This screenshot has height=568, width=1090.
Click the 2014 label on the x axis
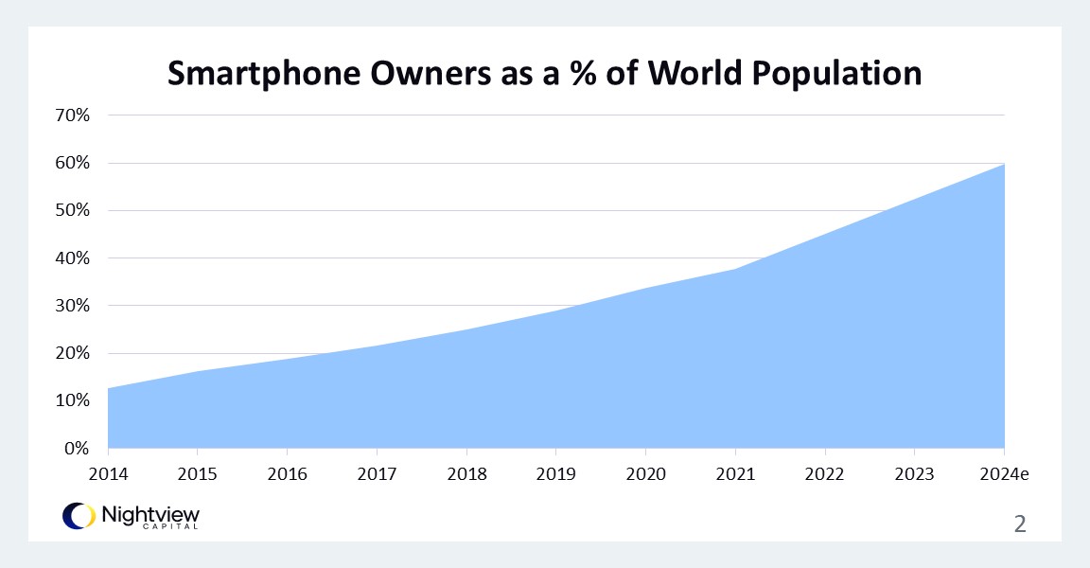click(x=107, y=472)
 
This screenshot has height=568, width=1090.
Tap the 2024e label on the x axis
click(x=1003, y=472)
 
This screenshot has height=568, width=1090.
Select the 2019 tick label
click(x=555, y=472)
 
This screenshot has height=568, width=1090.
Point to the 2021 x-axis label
click(x=735, y=472)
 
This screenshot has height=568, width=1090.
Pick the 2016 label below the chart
click(x=287, y=472)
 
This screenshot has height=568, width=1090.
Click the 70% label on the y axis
click(x=72, y=115)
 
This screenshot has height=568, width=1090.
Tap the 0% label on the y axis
click(x=76, y=448)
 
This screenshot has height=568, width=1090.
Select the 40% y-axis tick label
click(x=72, y=257)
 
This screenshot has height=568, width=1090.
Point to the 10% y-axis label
click(x=72, y=400)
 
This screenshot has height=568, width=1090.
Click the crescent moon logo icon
click(x=78, y=515)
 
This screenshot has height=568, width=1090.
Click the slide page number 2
click(x=1019, y=523)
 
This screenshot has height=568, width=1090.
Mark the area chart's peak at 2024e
click(x=1004, y=164)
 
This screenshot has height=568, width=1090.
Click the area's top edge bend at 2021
click(x=735, y=269)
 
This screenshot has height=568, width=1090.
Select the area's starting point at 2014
click(x=109, y=388)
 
